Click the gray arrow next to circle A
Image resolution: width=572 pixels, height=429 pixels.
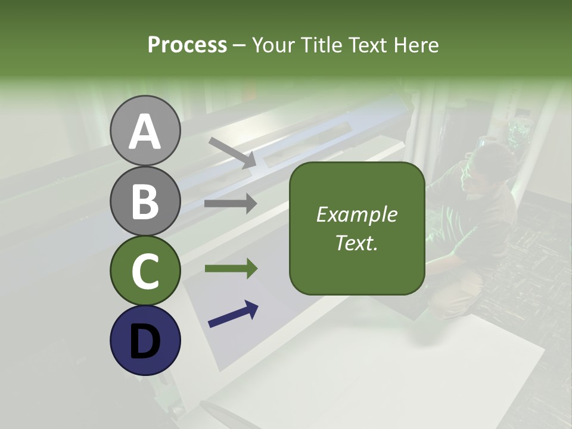232,153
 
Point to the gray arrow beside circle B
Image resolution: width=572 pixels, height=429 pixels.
231,204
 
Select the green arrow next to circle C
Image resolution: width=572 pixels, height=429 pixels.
231,268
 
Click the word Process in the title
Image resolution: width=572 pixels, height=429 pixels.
187,45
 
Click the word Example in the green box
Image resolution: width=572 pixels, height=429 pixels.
356,214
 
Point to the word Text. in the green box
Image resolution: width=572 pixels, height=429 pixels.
356,243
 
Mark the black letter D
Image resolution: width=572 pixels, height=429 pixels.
145,341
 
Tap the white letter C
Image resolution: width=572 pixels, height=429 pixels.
145,272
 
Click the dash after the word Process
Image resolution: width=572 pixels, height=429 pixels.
240,45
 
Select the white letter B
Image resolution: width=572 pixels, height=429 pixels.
145,201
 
